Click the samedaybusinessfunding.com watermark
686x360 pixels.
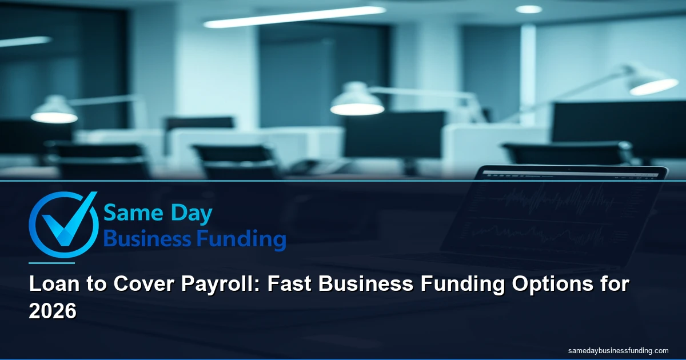619,350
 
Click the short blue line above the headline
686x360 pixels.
51,263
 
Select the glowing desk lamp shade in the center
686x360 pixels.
357,103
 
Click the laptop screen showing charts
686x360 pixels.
563,217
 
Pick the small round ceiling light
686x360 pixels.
528,9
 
